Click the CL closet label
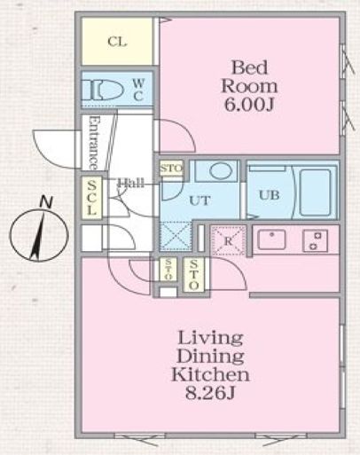[x=117, y=42]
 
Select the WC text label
[x=139, y=89]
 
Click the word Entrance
[x=92, y=142]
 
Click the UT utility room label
[x=200, y=200]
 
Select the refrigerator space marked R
[x=227, y=239]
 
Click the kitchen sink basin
[x=271, y=238]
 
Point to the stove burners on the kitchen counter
[x=315, y=238]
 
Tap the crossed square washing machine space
[x=176, y=237]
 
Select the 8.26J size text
[x=209, y=391]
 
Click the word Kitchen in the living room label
[x=209, y=373]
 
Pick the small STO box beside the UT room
[x=170, y=169]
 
